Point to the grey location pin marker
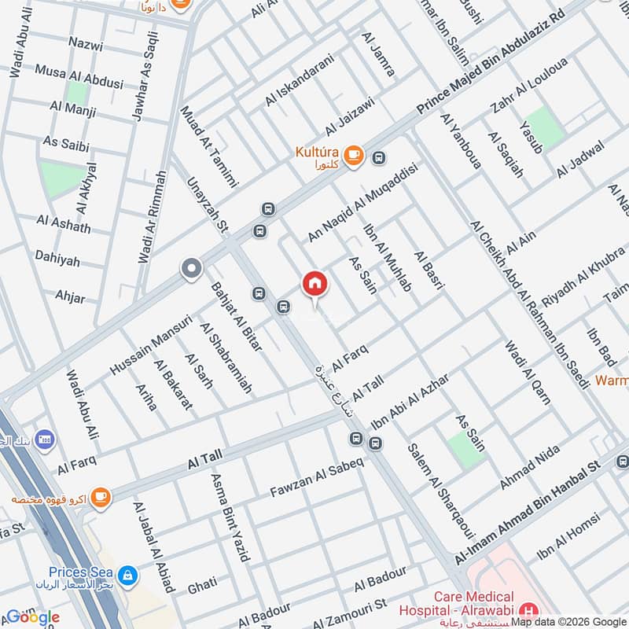[191, 270]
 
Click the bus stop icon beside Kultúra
[380, 157]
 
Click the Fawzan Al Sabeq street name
[317, 478]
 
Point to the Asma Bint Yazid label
[229, 517]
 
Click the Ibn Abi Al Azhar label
[410, 400]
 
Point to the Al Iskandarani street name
[300, 80]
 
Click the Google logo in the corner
[32, 616]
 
